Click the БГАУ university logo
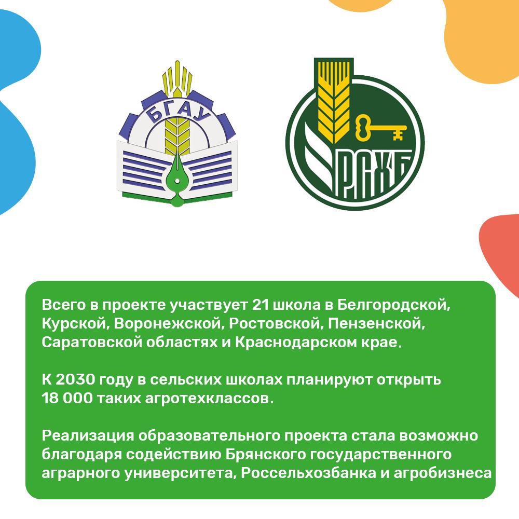pos(177,134)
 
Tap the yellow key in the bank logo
pos(380,128)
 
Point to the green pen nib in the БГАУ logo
pos(177,179)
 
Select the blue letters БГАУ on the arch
pos(178,111)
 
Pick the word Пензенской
pos(376,324)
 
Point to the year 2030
pos(75,380)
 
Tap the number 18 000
pos(67,398)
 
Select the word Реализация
pos(88,436)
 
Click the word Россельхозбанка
pos(308,473)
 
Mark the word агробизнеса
pos(443,473)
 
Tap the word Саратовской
pos(92,342)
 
